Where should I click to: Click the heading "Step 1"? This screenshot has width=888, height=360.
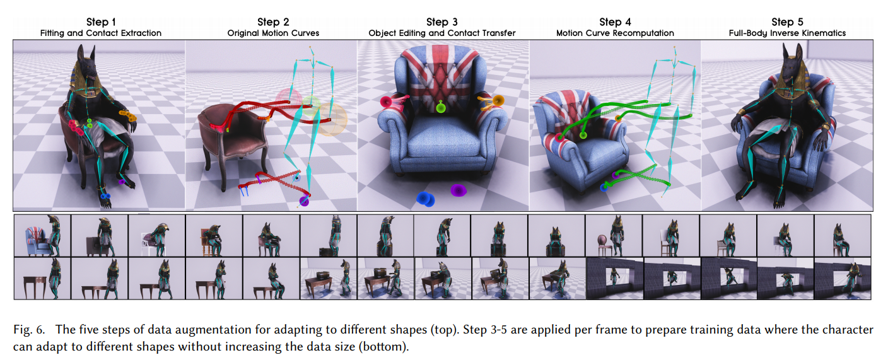coord(101,22)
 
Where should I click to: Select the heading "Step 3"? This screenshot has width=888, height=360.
coord(441,22)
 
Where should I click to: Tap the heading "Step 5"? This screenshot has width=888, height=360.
coord(787,22)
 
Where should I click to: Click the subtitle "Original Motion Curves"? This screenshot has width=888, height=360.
coord(273,33)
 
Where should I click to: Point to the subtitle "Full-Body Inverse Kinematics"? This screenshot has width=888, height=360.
coord(787,33)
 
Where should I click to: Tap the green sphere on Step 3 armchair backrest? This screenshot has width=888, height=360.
coord(441,107)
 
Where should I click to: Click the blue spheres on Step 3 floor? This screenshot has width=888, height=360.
coord(425,199)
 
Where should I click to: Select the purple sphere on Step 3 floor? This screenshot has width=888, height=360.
coord(459,190)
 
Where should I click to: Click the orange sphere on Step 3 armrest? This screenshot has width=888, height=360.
coord(498,100)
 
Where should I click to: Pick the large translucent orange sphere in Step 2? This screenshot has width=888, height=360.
coord(332,119)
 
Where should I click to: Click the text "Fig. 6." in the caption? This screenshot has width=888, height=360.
coord(29,330)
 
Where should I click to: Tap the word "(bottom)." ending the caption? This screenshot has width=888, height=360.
coord(383,347)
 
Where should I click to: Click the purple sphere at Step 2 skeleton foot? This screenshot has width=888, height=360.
coord(304,201)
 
